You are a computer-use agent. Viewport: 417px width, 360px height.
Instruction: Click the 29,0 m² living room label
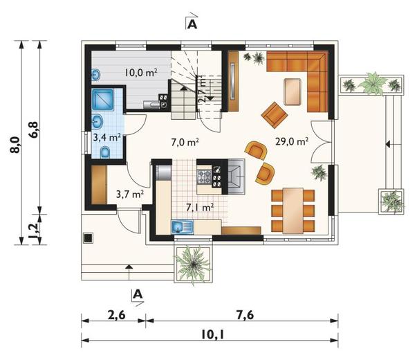click(292, 141)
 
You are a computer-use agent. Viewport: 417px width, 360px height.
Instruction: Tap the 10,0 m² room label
click(141, 72)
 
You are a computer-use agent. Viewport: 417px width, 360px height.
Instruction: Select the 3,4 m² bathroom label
click(107, 137)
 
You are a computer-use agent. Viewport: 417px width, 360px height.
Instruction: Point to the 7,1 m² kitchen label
click(200, 207)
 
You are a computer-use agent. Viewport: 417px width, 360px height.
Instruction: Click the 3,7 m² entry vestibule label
click(130, 194)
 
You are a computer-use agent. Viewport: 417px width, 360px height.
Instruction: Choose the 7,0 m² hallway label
click(185, 143)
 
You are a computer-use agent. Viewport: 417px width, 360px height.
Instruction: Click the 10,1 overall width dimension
click(212, 334)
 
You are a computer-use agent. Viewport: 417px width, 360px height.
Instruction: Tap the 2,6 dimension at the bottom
click(116, 316)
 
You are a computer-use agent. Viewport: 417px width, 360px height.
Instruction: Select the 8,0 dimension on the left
click(15, 145)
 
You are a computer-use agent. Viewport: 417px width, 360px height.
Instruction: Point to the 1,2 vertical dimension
click(34, 230)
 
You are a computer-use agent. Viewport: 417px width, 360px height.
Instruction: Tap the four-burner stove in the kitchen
click(204, 177)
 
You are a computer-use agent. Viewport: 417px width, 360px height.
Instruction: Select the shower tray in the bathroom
click(102, 100)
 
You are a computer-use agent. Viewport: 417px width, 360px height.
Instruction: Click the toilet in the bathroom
click(105, 152)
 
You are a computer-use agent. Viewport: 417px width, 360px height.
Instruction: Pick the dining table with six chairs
click(293, 210)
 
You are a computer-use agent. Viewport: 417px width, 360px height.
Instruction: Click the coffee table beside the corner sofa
click(293, 92)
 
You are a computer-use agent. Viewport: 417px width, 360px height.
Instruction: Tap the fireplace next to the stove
click(237, 177)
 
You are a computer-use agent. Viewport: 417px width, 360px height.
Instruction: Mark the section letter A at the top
click(192, 24)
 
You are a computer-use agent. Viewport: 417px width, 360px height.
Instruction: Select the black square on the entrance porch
click(88, 237)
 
